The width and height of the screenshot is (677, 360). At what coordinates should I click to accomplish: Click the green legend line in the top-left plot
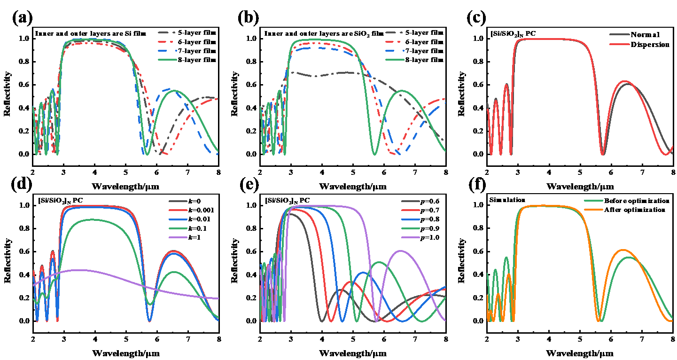167,60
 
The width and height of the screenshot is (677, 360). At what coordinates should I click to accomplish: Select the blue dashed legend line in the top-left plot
167,50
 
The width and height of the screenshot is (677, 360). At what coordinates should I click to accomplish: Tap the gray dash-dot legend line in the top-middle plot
394,32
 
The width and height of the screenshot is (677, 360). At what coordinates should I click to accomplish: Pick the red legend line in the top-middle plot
394,41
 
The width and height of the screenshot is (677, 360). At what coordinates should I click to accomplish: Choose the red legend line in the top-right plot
619,44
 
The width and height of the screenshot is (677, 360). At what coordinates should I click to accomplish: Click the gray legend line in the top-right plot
619,34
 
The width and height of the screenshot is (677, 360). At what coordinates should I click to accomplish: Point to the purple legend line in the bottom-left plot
178,237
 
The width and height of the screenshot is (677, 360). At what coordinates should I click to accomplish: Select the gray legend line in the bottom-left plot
178,201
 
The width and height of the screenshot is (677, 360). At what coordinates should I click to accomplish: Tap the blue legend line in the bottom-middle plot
411,219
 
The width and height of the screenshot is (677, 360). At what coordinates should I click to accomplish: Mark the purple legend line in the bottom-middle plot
411,237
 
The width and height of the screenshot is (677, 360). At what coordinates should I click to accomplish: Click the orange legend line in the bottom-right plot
593,210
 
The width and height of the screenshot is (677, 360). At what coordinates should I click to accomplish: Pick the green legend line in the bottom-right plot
593,201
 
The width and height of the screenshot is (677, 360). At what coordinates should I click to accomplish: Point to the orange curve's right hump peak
623,250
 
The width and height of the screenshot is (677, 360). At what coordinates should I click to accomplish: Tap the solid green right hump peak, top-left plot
175,90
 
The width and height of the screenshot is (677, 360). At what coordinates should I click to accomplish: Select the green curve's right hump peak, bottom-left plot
174,272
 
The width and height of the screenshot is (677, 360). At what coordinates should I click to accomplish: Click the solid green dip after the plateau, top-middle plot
374,154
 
